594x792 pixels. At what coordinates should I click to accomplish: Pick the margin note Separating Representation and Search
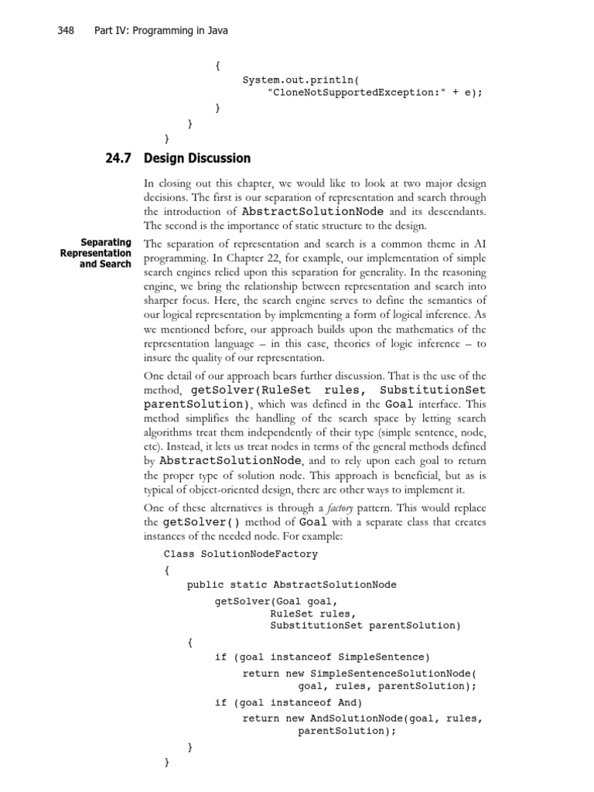pos(97,253)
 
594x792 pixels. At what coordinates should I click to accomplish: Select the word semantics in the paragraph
pos(444,299)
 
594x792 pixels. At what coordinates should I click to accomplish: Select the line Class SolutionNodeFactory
pos(241,554)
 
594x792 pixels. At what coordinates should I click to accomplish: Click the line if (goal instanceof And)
pos(288,702)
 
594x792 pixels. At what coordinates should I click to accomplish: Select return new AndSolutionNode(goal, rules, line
pos(363,718)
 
